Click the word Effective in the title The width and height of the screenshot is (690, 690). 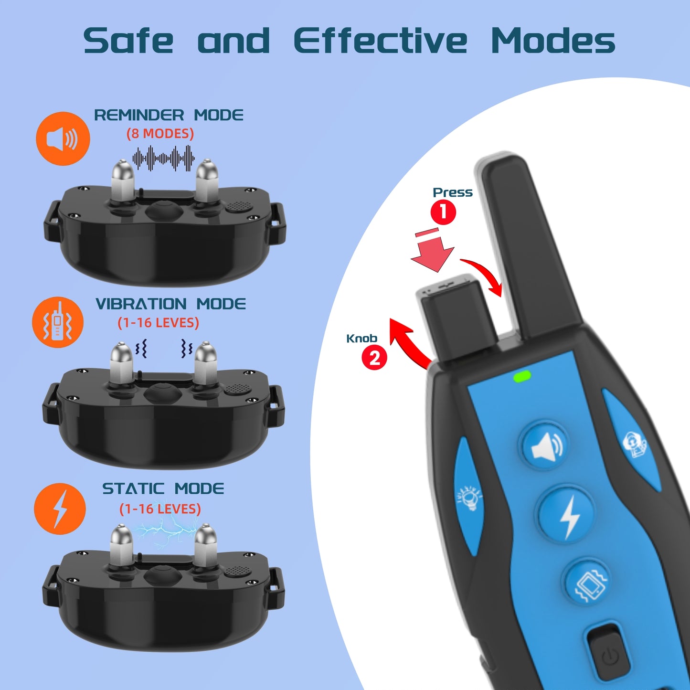point(380,41)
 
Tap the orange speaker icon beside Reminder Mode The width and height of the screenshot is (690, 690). point(63,139)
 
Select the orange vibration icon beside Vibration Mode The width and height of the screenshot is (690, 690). point(58,322)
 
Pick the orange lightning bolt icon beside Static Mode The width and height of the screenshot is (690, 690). point(60,509)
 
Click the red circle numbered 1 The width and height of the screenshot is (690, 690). point(443,212)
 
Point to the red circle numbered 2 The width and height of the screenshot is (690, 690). point(374,358)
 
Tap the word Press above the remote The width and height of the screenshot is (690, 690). point(452,192)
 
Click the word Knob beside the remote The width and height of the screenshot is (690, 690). point(361,339)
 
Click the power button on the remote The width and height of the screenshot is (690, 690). point(609,657)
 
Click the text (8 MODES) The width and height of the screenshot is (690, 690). point(160,134)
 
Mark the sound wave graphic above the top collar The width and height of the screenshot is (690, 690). point(163,158)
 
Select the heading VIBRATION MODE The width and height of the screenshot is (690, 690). point(170,304)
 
